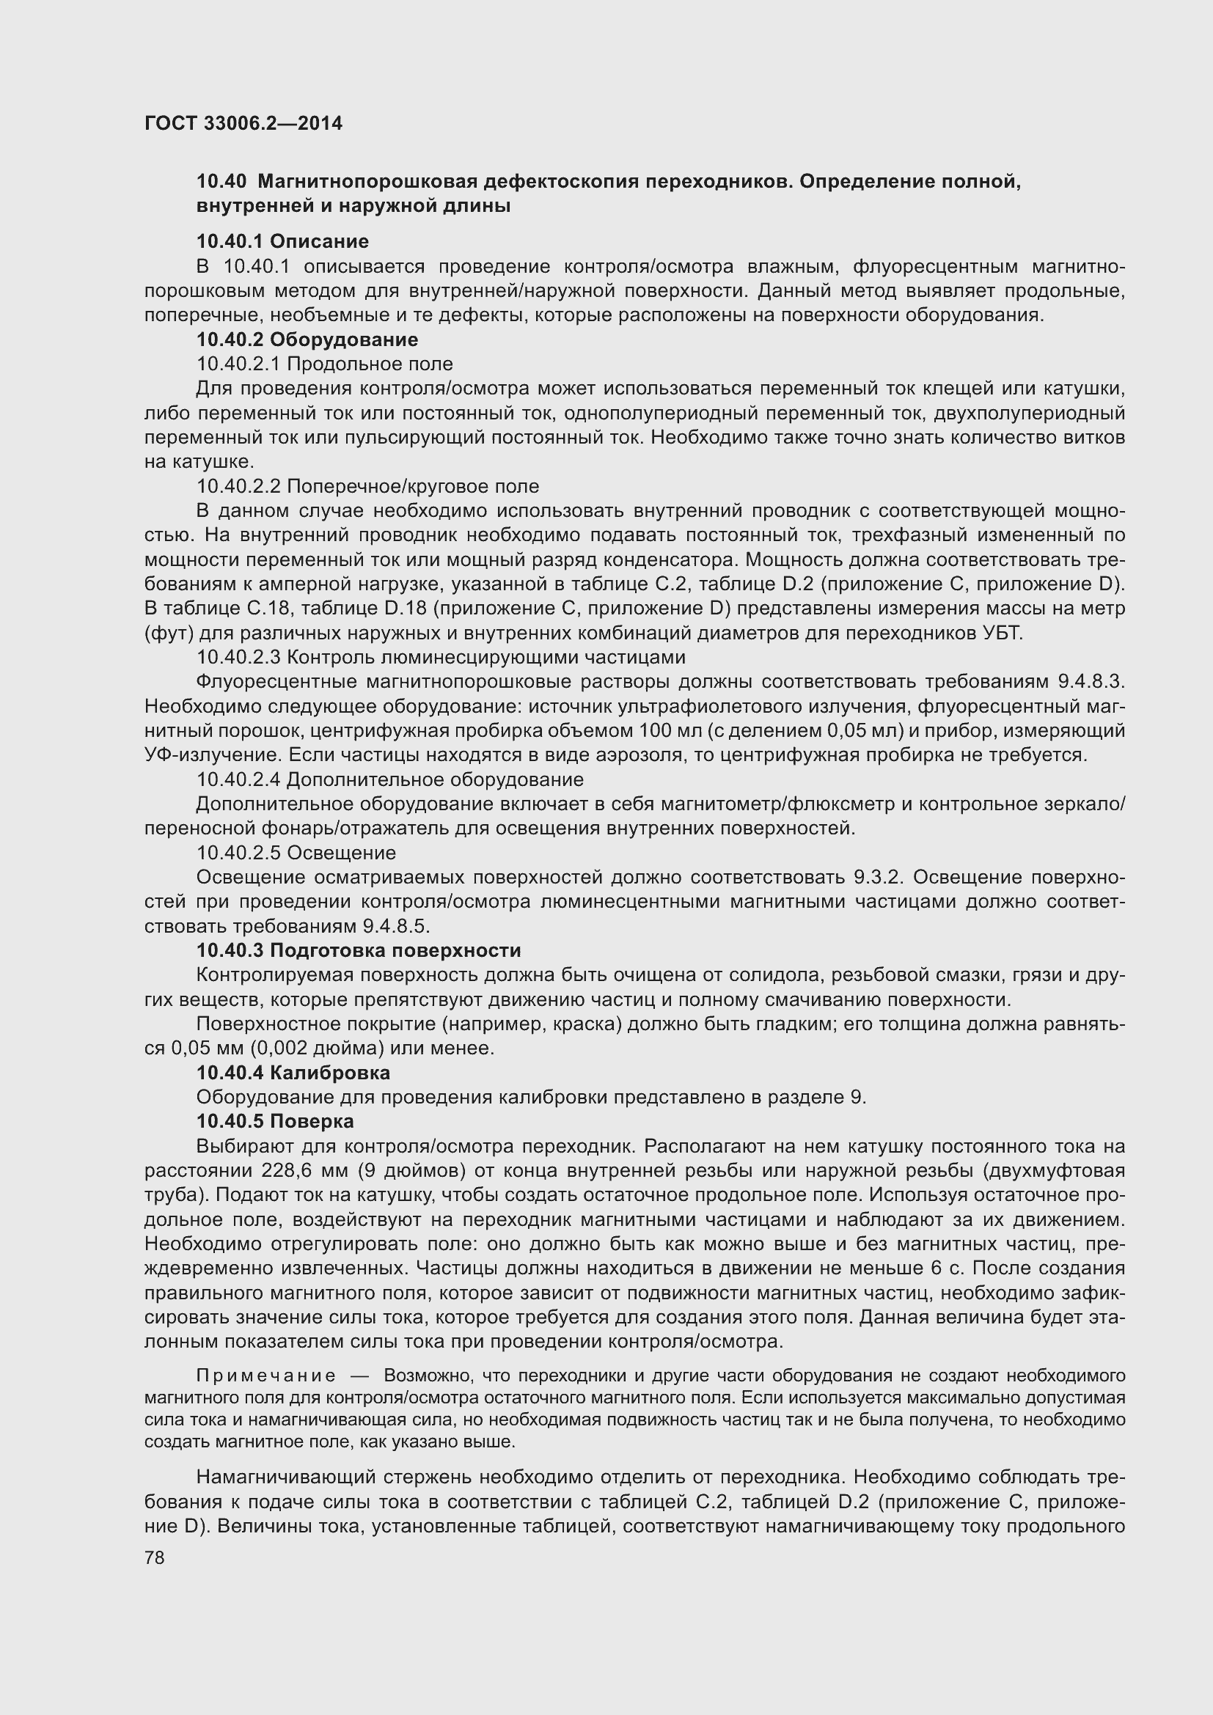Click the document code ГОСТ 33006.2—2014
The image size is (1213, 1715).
[x=243, y=123]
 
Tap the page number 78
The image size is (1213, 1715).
[x=155, y=1558]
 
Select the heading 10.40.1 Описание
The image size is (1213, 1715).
[x=282, y=241]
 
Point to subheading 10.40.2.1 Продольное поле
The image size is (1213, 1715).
[x=324, y=364]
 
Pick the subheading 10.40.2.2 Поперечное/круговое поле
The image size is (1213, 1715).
[x=367, y=486]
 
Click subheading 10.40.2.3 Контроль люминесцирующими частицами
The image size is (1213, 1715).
[x=440, y=657]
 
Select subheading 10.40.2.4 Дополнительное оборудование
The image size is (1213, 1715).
[x=389, y=780]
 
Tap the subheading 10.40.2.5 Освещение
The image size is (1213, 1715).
[x=296, y=853]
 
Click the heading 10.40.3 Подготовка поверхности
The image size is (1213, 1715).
[x=359, y=951]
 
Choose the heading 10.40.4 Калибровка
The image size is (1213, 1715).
[x=293, y=1073]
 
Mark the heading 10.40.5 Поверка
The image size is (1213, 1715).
[x=275, y=1122]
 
